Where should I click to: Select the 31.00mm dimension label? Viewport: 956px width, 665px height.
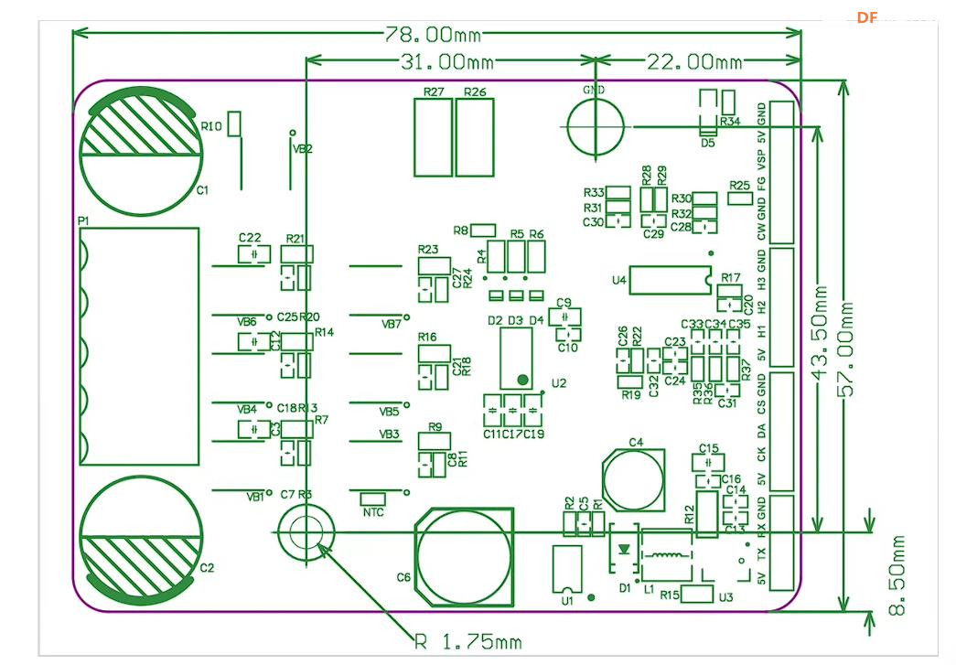point(447,62)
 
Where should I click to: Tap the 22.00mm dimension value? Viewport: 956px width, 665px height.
point(695,62)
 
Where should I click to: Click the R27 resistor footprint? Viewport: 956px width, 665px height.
point(433,136)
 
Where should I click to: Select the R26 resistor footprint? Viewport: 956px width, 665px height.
point(475,136)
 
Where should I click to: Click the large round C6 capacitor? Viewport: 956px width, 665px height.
point(466,556)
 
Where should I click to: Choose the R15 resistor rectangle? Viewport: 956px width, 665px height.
point(698,595)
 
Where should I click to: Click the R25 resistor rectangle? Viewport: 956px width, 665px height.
point(739,198)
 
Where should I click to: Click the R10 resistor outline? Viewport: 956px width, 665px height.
point(235,124)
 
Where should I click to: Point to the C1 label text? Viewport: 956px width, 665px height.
point(202,190)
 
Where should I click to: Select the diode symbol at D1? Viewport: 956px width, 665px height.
point(624,550)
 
